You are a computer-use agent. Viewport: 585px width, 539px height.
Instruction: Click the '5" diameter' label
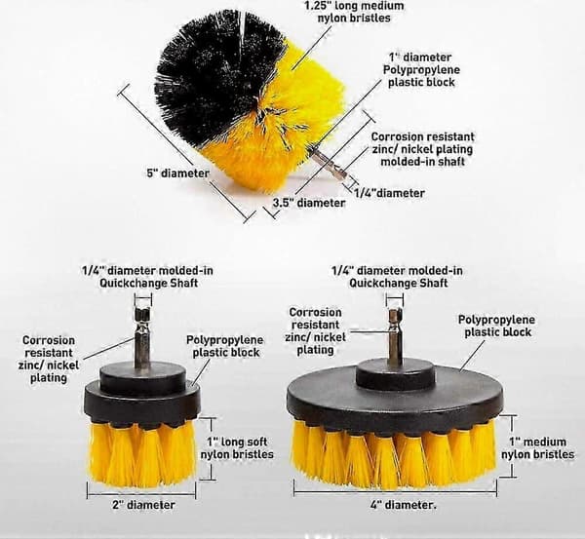tap(177, 173)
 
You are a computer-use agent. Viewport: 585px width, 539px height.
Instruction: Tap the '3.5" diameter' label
tap(309, 203)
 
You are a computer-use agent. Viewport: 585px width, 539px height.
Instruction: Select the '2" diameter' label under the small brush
tap(143, 505)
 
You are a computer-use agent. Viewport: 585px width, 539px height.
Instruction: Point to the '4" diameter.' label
tap(404, 505)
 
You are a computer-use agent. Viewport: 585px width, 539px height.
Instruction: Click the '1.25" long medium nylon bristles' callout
tap(354, 12)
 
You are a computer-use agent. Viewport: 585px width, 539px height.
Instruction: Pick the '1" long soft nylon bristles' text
tap(237, 448)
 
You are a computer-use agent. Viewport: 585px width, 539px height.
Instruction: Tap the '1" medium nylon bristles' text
tap(537, 448)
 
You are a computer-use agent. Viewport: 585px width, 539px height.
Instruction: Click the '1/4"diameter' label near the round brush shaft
tap(389, 193)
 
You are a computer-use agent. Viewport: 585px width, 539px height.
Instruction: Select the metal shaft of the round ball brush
tap(328, 164)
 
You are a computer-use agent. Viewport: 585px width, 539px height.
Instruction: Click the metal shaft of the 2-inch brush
tap(142, 336)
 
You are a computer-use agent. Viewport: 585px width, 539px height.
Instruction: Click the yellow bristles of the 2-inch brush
tap(142, 454)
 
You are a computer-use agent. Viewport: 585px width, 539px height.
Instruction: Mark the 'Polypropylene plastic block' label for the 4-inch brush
tap(496, 326)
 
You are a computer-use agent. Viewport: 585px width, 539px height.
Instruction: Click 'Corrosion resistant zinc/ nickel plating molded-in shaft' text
tap(423, 149)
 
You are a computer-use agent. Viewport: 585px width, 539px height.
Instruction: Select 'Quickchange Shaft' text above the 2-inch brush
tap(148, 283)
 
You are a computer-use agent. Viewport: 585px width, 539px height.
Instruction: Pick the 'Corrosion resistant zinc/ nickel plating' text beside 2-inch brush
tap(49, 360)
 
